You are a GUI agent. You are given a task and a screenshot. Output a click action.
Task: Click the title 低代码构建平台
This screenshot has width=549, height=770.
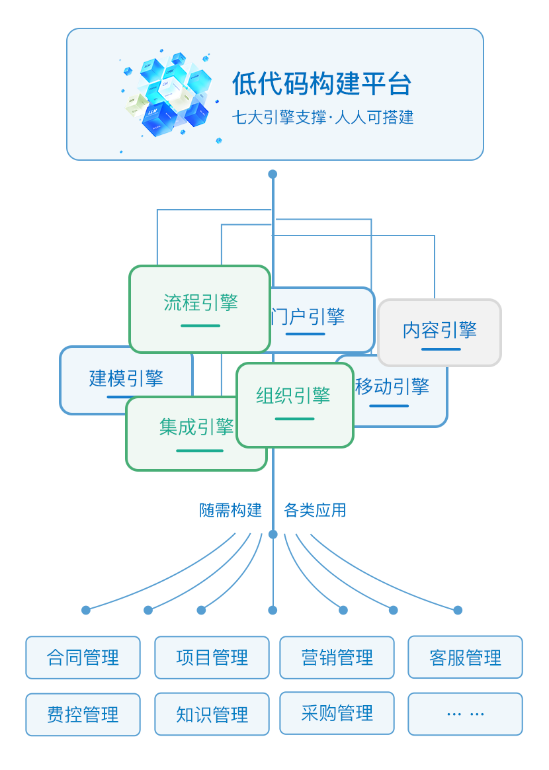pyautogui.click(x=321, y=84)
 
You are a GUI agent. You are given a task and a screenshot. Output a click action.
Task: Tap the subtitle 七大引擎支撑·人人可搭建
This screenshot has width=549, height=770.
pyautogui.click(x=323, y=118)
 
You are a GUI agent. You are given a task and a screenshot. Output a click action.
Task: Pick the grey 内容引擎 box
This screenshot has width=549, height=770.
pyautogui.click(x=439, y=331)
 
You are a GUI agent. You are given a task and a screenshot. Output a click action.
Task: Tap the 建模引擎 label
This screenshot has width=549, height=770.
pyautogui.click(x=126, y=378)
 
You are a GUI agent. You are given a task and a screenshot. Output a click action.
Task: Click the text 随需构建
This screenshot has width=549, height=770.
pyautogui.click(x=232, y=510)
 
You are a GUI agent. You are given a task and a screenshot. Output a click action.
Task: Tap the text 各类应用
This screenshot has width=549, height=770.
pyautogui.click(x=315, y=510)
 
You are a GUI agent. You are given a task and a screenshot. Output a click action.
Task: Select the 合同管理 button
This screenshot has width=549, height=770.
pyautogui.click(x=83, y=658)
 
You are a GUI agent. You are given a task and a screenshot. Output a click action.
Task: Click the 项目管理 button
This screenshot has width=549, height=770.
pyautogui.click(x=212, y=658)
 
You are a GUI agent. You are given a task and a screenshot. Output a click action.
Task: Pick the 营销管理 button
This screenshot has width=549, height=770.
pyautogui.click(x=337, y=658)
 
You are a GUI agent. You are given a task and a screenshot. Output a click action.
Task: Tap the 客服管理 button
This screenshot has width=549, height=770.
pyautogui.click(x=465, y=658)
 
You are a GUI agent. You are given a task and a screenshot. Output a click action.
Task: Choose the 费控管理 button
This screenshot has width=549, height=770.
pyautogui.click(x=83, y=714)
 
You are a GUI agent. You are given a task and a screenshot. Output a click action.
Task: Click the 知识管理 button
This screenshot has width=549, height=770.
pyautogui.click(x=212, y=714)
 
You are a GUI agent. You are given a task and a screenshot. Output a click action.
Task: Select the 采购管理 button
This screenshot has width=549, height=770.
pyautogui.click(x=337, y=713)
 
